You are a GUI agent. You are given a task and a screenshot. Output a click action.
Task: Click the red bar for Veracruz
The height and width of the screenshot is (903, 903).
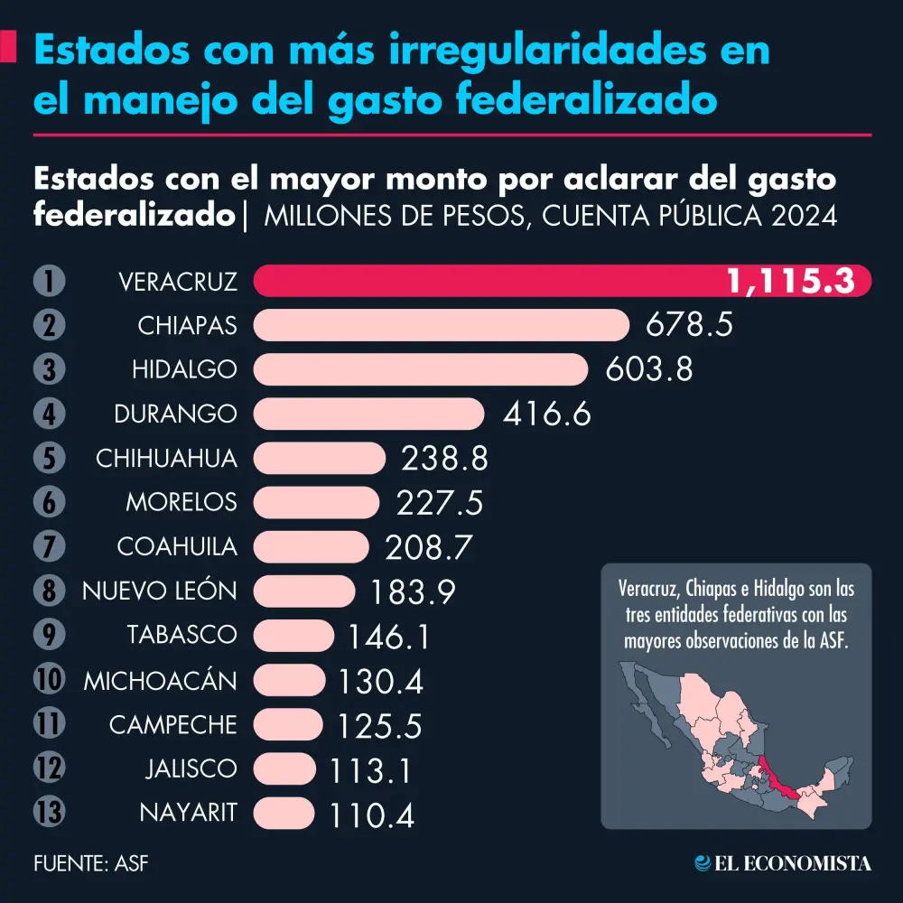(488, 281)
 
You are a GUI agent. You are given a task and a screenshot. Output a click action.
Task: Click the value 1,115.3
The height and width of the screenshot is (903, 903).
(791, 282)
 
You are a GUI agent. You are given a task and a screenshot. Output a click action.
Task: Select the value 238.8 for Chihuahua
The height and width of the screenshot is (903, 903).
(444, 459)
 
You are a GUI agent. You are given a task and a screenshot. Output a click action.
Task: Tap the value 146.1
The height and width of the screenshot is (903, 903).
(388, 636)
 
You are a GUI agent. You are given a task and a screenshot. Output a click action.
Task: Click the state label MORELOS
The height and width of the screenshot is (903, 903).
(181, 501)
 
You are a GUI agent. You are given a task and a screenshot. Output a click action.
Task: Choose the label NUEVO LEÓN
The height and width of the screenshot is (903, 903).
(160, 591)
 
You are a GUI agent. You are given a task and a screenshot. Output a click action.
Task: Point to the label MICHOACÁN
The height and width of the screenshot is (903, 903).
(160, 680)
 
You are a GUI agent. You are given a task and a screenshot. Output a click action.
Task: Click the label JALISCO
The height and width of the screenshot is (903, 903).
(191, 768)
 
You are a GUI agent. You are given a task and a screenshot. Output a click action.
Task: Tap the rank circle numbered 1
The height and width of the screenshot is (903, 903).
(49, 281)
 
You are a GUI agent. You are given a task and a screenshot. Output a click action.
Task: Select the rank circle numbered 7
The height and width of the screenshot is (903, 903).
(49, 546)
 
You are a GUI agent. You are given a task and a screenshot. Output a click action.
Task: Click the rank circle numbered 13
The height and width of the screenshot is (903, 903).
(49, 812)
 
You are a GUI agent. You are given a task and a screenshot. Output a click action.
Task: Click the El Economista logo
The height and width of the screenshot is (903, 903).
(782, 863)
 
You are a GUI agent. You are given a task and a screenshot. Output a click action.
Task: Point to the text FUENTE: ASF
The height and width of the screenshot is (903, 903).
(90, 863)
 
